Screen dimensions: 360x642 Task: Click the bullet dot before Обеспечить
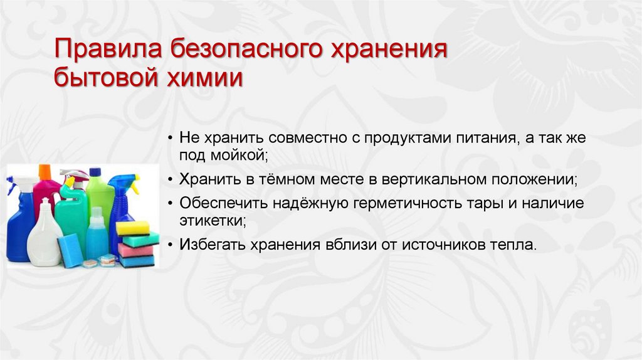tap(172, 204)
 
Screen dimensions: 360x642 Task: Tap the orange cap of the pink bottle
tap(45, 171)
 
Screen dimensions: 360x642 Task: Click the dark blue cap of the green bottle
tap(95, 172)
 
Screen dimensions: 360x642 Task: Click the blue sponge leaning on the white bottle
tap(71, 250)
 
